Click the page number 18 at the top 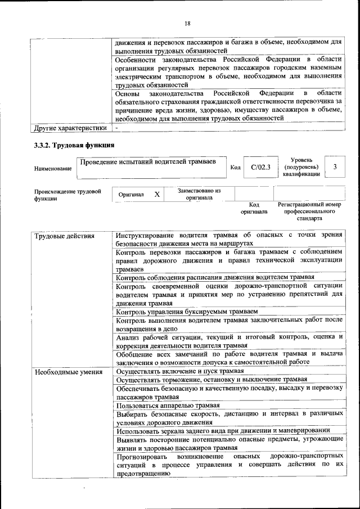pos(187,23)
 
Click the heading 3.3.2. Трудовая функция pos(74,145)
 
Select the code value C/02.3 pos(260,167)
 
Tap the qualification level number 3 pos(335,167)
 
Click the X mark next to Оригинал pos(157,194)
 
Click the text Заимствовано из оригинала pos(199,194)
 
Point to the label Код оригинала pos(254,208)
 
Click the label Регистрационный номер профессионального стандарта pos(309,211)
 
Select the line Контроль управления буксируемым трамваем pos(187,312)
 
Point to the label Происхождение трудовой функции pos(67,195)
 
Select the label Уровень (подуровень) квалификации pos(302,167)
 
